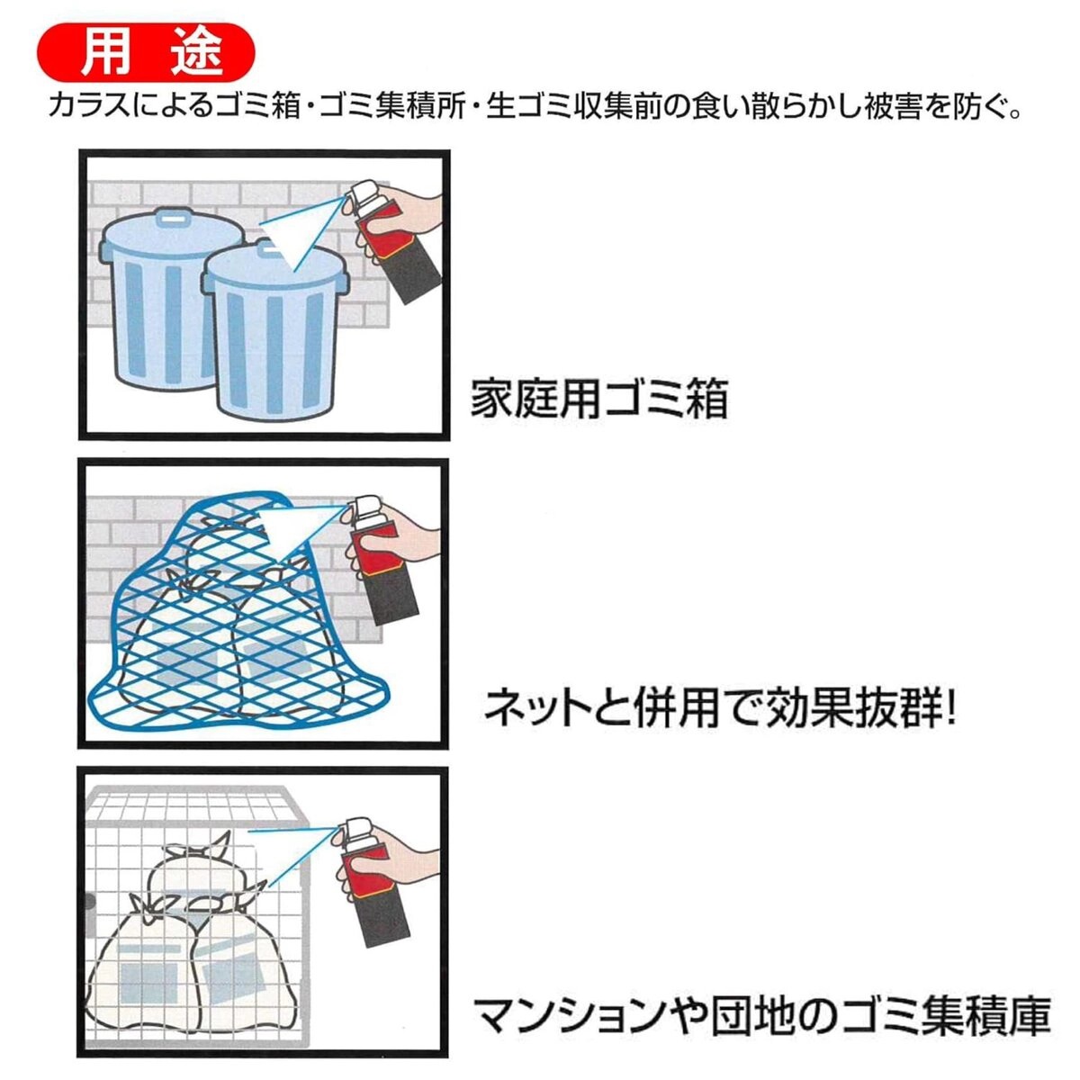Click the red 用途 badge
tap(147, 53)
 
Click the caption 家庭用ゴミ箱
tap(598, 399)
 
